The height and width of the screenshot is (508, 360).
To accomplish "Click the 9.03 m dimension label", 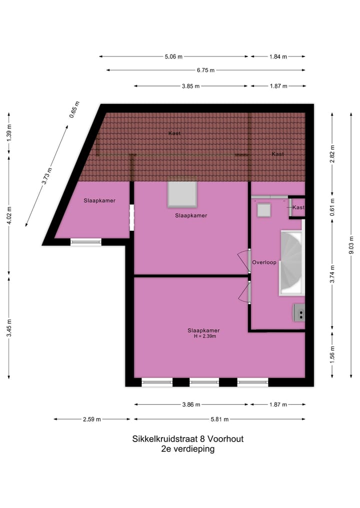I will (x=352, y=245).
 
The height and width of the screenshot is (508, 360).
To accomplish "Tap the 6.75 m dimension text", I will (x=205, y=70).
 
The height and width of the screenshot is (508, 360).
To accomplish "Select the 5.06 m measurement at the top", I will (x=173, y=56).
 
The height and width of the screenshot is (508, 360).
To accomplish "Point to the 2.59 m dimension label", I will (x=91, y=419).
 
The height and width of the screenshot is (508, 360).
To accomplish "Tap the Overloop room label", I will (x=264, y=262).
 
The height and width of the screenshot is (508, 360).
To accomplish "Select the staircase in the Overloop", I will (x=291, y=262).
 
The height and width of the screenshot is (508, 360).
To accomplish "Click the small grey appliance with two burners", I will (x=299, y=313).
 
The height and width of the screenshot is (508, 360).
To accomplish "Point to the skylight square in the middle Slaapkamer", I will (x=182, y=194).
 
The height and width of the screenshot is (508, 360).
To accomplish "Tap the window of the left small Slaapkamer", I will (x=86, y=242).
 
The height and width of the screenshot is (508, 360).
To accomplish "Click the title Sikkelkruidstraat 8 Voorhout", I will (x=187, y=439).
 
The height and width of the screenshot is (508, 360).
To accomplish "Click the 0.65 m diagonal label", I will (x=74, y=110).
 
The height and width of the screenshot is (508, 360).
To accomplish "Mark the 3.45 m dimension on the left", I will (x=9, y=328).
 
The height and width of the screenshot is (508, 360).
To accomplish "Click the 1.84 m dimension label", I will (x=278, y=56).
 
